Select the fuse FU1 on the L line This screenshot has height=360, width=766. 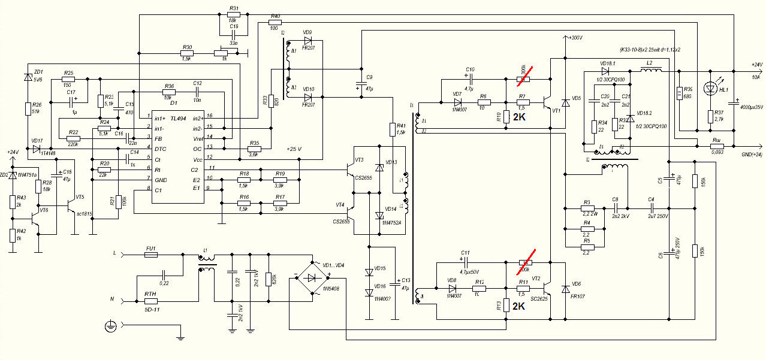(150, 255)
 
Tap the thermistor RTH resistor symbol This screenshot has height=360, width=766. (150, 302)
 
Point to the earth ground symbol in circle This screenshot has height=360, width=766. (109, 326)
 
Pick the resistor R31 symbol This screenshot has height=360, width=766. (234, 14)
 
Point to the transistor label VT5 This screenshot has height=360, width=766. (80, 197)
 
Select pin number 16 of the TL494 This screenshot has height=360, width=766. (209, 116)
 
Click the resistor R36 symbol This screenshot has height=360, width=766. (168, 92)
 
